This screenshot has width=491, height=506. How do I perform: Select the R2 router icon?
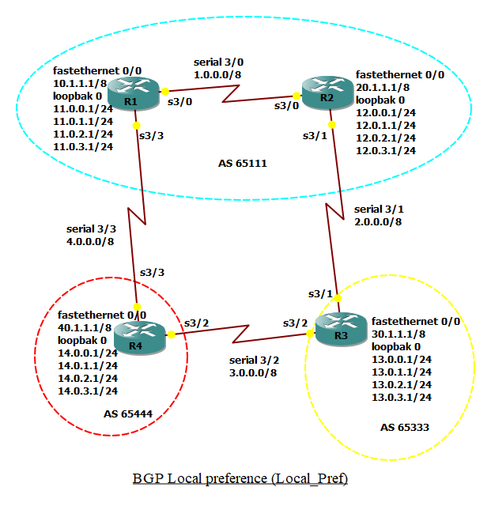pos(326,89)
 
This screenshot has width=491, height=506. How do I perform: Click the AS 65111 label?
pos(242,164)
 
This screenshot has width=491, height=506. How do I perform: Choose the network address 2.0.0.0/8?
pos(377,222)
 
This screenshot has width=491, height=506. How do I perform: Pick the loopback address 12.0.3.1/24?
pos(387,150)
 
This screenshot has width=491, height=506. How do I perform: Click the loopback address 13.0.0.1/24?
pos(402,359)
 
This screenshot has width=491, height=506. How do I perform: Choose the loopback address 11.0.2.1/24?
pos(80,134)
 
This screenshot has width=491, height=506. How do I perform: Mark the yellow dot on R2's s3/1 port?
pos(331,123)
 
